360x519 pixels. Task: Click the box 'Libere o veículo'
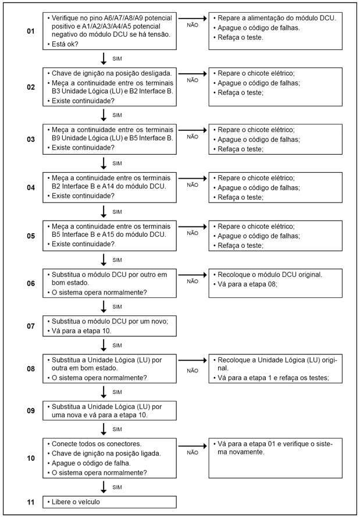(x=109, y=502)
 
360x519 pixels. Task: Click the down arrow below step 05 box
(x=104, y=259)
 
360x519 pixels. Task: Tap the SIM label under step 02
(x=117, y=115)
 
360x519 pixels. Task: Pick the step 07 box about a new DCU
(x=109, y=325)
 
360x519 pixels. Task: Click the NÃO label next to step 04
(x=192, y=185)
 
